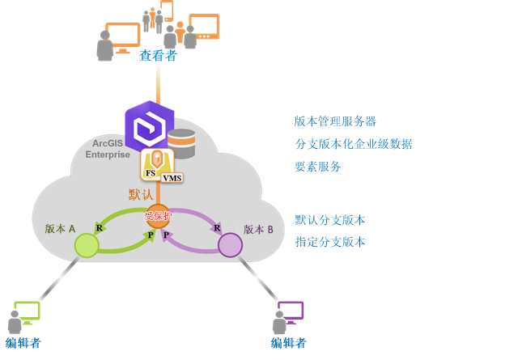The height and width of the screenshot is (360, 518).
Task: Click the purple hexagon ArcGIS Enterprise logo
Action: [x=150, y=125]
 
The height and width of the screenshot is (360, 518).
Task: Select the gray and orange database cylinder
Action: [x=182, y=143]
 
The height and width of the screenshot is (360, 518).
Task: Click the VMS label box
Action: [x=172, y=177]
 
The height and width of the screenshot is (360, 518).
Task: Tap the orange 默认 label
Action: [x=141, y=195]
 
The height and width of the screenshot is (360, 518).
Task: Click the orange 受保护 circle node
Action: [x=157, y=216]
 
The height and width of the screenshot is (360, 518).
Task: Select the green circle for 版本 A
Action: [x=86, y=245]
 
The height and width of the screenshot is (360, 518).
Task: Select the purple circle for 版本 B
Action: [x=230, y=244]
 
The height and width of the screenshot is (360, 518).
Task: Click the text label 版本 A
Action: [x=61, y=229]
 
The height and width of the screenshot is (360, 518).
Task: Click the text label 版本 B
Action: [x=258, y=229]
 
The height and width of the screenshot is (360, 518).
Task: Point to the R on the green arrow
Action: [x=99, y=227]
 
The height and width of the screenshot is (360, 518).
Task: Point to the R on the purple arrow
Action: [x=217, y=228]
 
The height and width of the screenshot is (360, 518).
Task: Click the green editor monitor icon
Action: [x=27, y=311]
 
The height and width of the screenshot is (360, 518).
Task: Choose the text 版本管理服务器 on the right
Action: [x=335, y=121]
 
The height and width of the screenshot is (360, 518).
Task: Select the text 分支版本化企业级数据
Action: [x=353, y=144]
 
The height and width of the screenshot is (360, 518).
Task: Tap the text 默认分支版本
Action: [x=329, y=219]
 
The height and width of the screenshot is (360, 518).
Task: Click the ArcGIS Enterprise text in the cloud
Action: [x=108, y=148]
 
